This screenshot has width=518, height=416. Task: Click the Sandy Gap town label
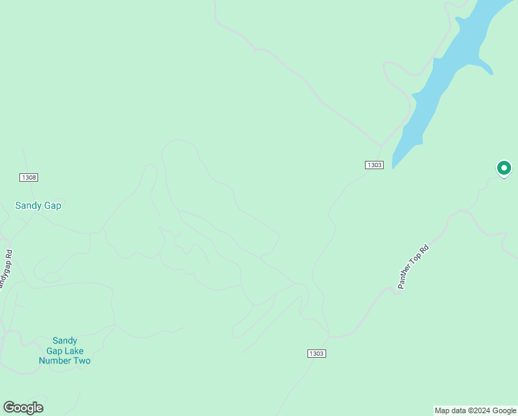point(38,205)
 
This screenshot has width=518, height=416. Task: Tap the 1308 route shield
point(29,177)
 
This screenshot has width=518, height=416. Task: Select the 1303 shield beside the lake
point(374,164)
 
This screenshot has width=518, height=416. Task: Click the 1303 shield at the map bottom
point(316,354)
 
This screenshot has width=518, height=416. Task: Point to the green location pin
point(504,168)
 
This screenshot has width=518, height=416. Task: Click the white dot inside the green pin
point(504,167)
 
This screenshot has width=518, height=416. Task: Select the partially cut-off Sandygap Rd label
point(6,270)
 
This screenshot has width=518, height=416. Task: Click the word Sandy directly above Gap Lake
point(65,340)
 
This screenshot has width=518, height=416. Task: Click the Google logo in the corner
point(23,408)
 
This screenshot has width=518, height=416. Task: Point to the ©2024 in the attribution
point(479,410)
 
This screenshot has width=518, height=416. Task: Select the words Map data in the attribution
point(451,410)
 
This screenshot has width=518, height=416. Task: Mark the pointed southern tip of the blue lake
point(393,166)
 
